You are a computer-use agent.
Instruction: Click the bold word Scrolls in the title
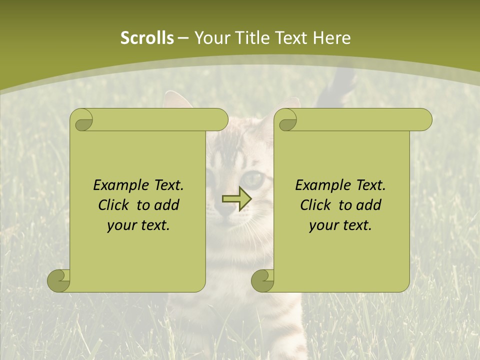147,38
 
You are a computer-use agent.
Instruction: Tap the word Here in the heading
331,38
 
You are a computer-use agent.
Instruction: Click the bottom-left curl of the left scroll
58,280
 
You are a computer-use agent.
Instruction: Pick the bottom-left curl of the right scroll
262,280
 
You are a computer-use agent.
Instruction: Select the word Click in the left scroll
115,205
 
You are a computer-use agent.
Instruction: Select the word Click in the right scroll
317,205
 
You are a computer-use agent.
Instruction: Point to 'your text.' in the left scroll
138,225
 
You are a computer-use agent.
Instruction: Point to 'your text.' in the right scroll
340,225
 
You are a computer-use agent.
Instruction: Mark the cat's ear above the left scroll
177,99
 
